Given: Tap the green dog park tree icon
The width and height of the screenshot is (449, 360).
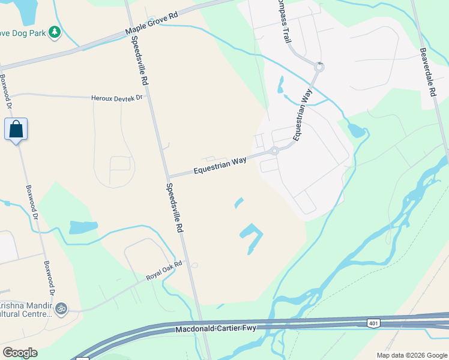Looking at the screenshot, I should point(55,31).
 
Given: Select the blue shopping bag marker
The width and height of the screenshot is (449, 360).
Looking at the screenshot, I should point(16,130).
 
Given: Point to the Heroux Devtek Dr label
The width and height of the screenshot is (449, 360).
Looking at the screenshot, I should point(118,98).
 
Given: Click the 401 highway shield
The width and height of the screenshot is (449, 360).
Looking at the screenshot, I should point(373,323).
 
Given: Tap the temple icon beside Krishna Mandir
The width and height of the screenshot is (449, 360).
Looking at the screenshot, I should point(60,308).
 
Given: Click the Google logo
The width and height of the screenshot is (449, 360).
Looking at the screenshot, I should point(20,353).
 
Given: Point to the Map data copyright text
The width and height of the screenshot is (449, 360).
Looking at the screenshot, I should point(411,355).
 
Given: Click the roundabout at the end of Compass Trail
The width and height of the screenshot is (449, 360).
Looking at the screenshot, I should point(319,67).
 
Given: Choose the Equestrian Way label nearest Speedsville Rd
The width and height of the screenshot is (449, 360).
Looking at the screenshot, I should point(220,166).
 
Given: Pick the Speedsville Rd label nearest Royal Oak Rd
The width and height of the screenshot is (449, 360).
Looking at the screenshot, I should point(173,207).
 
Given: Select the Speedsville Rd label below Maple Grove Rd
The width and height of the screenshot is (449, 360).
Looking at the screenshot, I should point(137,60).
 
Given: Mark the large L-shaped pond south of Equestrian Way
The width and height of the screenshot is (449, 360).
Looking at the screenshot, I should point(252,236).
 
